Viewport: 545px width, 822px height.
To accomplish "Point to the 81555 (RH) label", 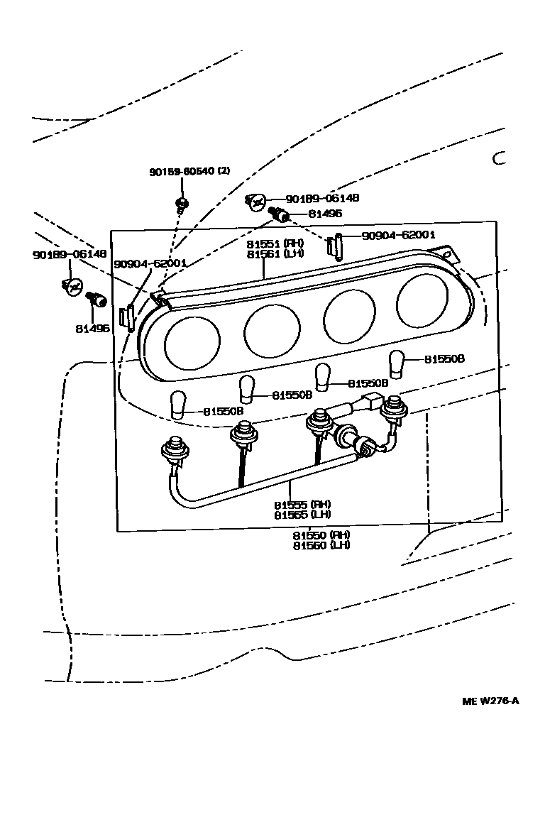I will pyautogui.click(x=302, y=505).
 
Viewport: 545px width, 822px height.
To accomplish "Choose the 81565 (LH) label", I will pyautogui.click(x=302, y=515).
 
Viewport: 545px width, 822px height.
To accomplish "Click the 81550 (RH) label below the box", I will pyautogui.click(x=321, y=535).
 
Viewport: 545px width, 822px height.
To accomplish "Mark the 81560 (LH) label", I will pyautogui.click(x=321, y=545).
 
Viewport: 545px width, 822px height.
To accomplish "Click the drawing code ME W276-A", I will pyautogui.click(x=490, y=701).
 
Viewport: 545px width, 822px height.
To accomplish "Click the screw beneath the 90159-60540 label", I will pyautogui.click(x=180, y=207).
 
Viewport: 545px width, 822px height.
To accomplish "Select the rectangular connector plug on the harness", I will pyautogui.click(x=371, y=402).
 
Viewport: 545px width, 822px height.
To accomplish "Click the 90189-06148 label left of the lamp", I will pyautogui.click(x=69, y=254).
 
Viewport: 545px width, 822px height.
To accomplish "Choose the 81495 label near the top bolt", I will pyautogui.click(x=325, y=213).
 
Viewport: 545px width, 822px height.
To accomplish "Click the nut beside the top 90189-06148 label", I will pyautogui.click(x=256, y=203).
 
